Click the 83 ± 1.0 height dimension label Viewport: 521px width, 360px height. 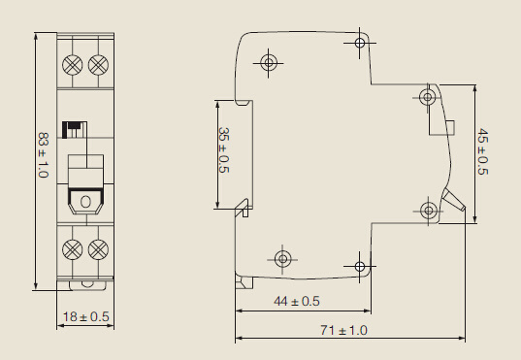tap(44, 155)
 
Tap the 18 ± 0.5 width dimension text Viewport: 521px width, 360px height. tap(86, 316)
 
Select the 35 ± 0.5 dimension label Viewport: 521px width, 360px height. tap(224, 150)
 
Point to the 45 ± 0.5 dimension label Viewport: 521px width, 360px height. tap(482, 151)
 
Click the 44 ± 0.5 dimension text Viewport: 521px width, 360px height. tap(297, 301)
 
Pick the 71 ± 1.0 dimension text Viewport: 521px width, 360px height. tap(343, 331)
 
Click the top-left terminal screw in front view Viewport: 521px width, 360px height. tap(72, 64)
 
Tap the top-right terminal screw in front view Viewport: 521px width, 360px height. tap(98, 64)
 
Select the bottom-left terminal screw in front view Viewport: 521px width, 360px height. tap(72, 249)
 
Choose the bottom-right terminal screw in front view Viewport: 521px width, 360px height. tap(98, 249)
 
